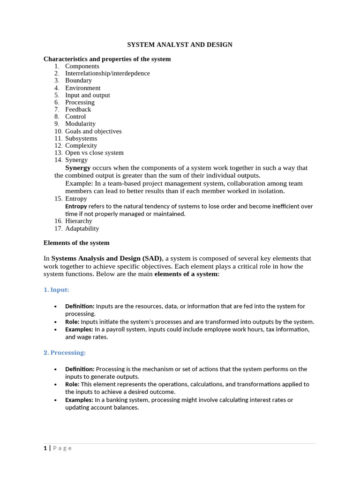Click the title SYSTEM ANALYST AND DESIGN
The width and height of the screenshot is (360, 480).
[x=180, y=45]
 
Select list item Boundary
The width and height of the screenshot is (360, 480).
[x=78, y=81]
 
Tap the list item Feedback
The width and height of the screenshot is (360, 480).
[x=78, y=109]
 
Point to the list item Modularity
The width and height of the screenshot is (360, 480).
[x=80, y=124]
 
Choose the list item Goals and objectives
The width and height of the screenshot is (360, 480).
[x=93, y=131]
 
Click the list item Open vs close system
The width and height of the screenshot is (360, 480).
[x=94, y=153]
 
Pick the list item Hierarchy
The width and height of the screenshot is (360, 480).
[x=79, y=221]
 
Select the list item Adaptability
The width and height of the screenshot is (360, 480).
[x=82, y=229]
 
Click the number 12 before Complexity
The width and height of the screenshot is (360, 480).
[x=58, y=145]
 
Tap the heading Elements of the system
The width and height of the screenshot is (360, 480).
[x=76, y=243]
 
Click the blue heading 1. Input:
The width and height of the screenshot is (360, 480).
[x=56, y=290]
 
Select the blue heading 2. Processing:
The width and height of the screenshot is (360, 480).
[x=65, y=352]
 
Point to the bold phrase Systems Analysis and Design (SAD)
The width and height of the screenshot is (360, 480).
[x=106, y=258]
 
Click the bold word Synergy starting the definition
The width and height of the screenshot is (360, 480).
[x=78, y=168]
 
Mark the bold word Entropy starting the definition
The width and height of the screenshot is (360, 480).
[x=76, y=206]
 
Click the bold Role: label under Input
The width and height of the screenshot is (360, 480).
[x=72, y=322]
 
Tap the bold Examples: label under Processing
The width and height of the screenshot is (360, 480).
[x=79, y=400]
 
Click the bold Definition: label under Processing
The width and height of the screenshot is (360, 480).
[x=80, y=369]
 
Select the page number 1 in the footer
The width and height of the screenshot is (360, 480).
[x=45, y=448]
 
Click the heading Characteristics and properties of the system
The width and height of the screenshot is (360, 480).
[x=107, y=59]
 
